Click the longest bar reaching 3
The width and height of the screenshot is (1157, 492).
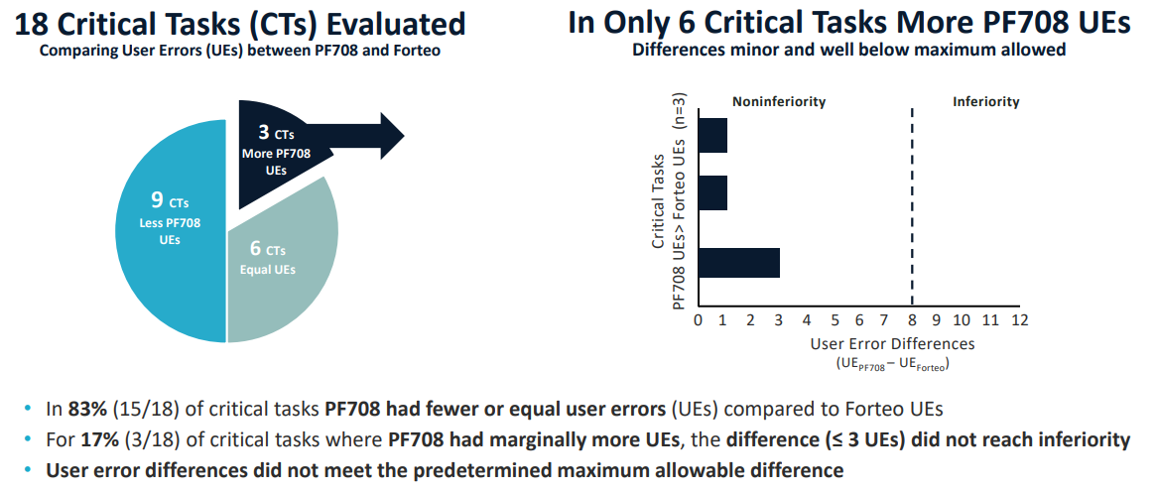pos(739,263)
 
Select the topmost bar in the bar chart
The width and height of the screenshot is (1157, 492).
pos(713,135)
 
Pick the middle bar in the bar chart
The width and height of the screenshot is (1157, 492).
pos(713,193)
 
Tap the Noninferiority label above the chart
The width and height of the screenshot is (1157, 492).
pos(779,102)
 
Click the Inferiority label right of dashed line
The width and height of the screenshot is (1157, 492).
pos(985,102)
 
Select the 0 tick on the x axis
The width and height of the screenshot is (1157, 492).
pos(699,320)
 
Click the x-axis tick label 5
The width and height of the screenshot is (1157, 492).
pos(834,320)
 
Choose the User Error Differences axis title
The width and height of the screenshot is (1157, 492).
pos(892,344)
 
